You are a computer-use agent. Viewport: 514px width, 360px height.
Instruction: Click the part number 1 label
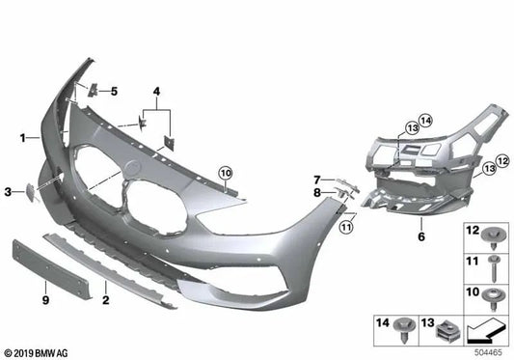point(21,138)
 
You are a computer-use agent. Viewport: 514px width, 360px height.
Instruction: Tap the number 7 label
point(315,179)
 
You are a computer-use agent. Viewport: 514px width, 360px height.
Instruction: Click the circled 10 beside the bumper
point(225,175)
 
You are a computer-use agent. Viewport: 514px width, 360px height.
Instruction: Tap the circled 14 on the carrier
point(425,119)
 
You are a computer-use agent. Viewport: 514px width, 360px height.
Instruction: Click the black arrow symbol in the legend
point(486,332)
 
